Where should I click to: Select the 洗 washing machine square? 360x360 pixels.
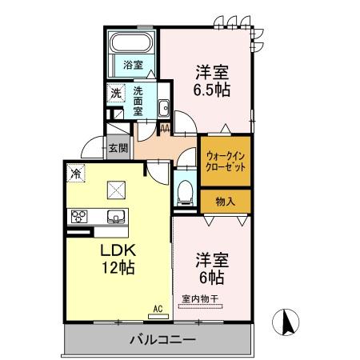click(x=117, y=93)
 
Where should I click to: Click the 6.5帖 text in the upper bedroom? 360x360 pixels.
click(x=211, y=88)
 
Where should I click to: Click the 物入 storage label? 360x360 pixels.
click(x=225, y=202)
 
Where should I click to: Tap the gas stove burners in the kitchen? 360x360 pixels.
click(x=79, y=215)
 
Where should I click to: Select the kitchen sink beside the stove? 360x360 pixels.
click(x=113, y=215)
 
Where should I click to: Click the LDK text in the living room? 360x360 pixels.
click(x=117, y=250)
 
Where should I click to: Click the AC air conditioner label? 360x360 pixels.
click(x=157, y=306)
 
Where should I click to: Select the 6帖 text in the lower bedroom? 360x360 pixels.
click(x=211, y=278)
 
